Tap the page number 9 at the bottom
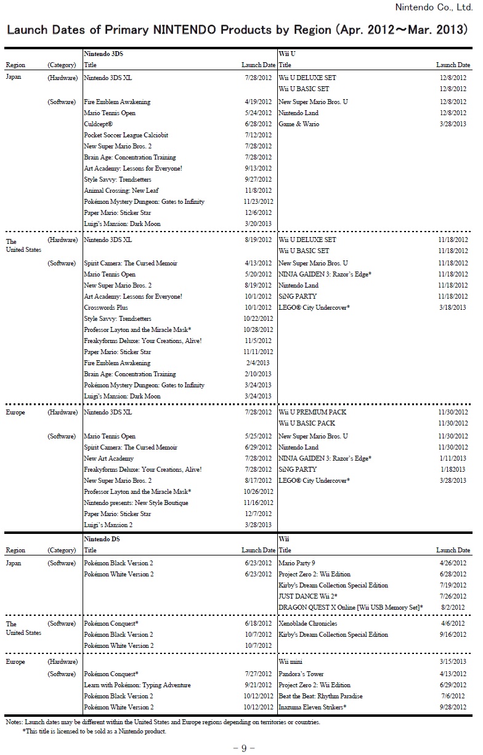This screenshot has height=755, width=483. tap(243, 748)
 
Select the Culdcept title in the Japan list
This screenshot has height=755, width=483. tap(98, 124)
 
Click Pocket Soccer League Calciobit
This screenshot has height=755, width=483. tap(126, 135)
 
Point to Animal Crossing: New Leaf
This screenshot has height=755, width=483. tap(121, 191)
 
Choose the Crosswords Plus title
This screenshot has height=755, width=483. tap(106, 307)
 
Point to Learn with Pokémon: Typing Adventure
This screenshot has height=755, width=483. tap(137, 685)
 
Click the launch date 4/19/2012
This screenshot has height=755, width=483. tap(258, 102)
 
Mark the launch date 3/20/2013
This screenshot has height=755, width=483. tap(258, 224)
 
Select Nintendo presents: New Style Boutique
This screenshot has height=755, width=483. tap(136, 503)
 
